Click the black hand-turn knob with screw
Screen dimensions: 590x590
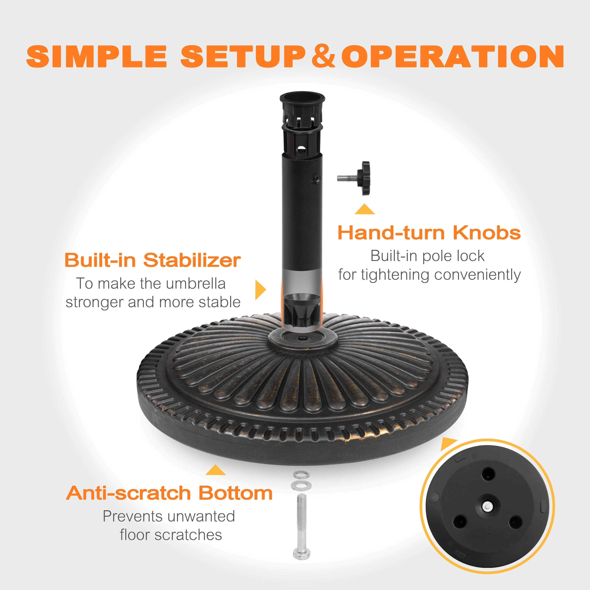(x=354, y=178)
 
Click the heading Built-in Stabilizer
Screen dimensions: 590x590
(x=153, y=260)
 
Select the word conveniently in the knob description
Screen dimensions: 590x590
(x=477, y=275)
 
